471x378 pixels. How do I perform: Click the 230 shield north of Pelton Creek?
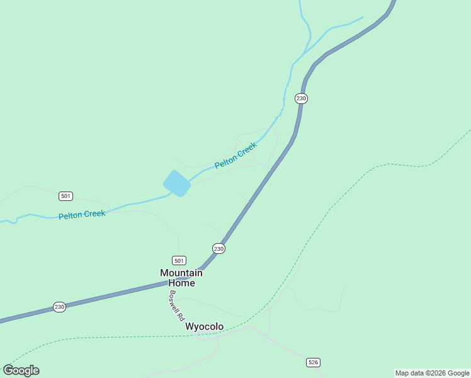[x=301, y=98]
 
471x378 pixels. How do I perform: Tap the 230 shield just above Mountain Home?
[x=218, y=249]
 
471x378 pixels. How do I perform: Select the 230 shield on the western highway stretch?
[x=59, y=307]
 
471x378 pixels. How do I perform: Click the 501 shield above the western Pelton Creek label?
[x=65, y=196]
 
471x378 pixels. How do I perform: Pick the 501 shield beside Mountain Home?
[x=179, y=260]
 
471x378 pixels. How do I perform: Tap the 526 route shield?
[x=313, y=362]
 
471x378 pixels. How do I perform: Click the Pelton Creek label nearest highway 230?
[x=235, y=156]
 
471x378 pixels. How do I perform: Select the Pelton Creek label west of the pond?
[x=82, y=215]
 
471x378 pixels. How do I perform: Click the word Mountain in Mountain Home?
[x=181, y=273]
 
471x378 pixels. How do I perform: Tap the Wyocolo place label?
[x=204, y=326]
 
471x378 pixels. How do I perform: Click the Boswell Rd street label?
[x=175, y=304]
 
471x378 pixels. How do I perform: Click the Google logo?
[x=21, y=370]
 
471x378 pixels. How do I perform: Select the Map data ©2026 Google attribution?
[x=432, y=373]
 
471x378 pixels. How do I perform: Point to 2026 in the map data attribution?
[x=437, y=373]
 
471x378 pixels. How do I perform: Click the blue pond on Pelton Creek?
[x=177, y=183]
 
